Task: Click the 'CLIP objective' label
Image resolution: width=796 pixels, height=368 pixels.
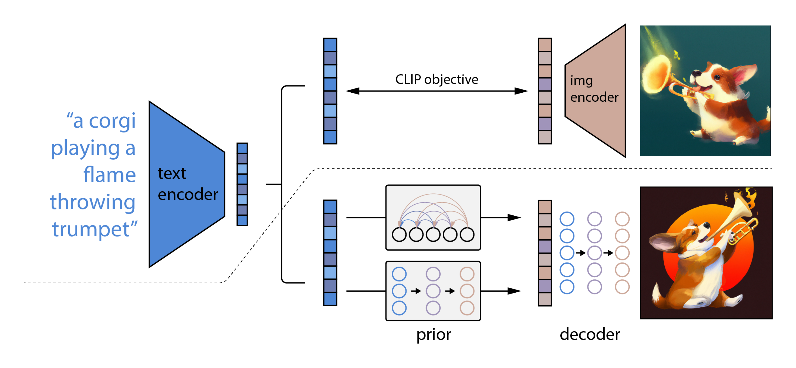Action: click(436, 79)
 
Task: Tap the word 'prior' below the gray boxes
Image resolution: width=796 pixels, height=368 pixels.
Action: click(434, 334)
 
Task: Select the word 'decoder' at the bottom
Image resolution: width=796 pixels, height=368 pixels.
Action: click(590, 334)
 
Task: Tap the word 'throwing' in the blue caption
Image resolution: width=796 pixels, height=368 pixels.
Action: click(93, 202)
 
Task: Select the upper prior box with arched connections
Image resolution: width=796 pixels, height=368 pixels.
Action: click(433, 217)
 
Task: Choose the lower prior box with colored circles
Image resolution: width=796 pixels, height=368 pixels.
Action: click(433, 291)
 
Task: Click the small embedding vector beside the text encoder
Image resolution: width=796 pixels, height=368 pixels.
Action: click(242, 184)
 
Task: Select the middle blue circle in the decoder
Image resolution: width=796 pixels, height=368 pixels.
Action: click(567, 253)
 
